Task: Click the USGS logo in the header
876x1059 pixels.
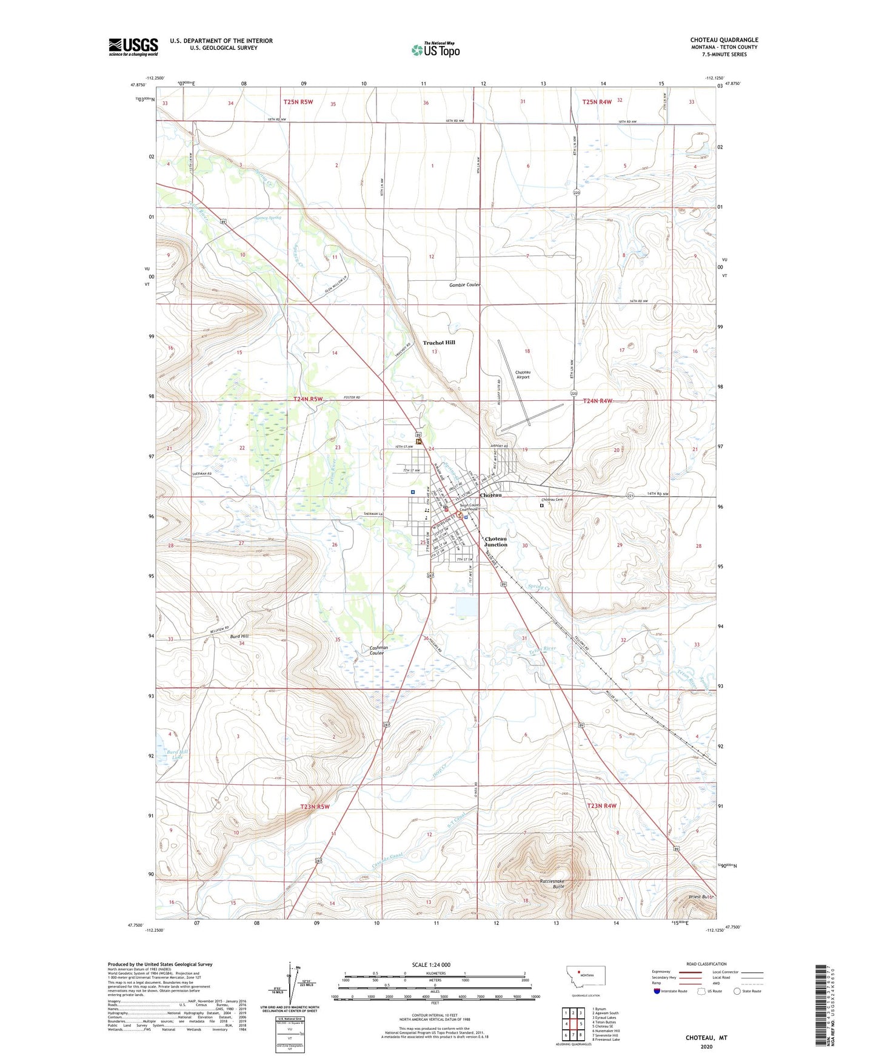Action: click(x=133, y=47)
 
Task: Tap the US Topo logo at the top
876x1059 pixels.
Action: click(x=435, y=50)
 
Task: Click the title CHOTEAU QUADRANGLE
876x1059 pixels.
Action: click(x=724, y=40)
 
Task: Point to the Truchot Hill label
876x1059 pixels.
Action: click(x=438, y=343)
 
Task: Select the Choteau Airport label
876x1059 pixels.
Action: click(x=523, y=374)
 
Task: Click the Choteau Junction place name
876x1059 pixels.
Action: click(x=495, y=542)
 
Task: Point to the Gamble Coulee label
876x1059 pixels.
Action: click(x=464, y=285)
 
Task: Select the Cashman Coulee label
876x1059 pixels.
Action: click(x=378, y=650)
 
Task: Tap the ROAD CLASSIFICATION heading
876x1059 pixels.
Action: click(x=706, y=964)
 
